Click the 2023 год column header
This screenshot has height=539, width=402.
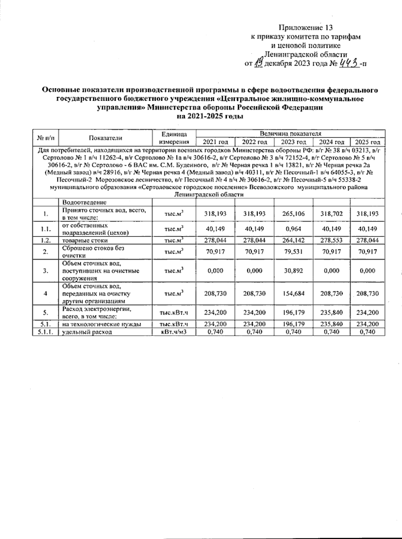tap(293, 142)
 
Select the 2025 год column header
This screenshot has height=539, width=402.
tap(367, 142)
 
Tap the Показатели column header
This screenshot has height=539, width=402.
tap(106, 138)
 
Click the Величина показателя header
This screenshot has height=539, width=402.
tap(290, 133)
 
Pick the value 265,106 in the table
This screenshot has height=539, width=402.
tap(293, 214)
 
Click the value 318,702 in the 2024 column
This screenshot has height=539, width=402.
tap(331, 214)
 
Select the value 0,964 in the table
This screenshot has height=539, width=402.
tap(293, 229)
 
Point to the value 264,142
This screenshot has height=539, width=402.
tap(293, 240)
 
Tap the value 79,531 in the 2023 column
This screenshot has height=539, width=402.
tap(293, 252)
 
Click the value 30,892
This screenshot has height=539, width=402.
tap(293, 271)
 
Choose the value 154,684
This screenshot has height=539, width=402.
tap(293, 294)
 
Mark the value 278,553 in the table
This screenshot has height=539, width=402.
tap(331, 240)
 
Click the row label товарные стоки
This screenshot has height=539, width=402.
tap(85, 240)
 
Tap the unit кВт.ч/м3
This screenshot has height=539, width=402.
tap(174, 332)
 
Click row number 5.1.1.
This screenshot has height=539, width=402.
tap(45, 332)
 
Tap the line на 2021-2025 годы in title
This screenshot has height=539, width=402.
tap(210, 117)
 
